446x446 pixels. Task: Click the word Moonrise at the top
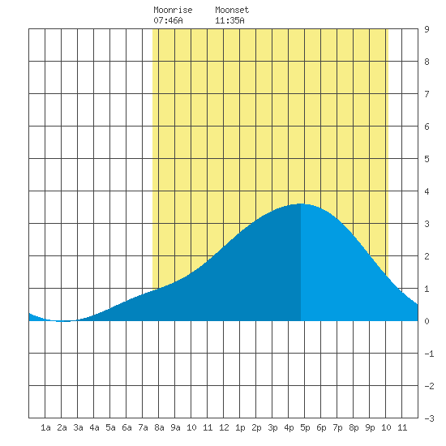click(173, 10)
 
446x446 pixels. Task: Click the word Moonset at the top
click(232, 10)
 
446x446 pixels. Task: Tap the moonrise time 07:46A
click(168, 20)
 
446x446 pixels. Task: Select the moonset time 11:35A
click(229, 20)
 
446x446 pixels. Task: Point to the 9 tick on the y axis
click(427, 29)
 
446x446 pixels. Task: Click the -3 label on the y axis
click(429, 418)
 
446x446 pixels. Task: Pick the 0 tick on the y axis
click(427, 321)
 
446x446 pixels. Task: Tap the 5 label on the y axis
click(427, 159)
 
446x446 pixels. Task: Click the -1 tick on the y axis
click(429, 354)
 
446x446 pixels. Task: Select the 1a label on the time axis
click(45, 427)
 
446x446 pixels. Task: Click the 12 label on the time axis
click(224, 427)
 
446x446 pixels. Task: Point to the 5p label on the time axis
click(305, 427)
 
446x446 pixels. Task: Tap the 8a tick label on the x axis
click(159, 427)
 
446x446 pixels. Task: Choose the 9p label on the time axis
click(370, 427)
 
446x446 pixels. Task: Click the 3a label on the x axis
click(78, 427)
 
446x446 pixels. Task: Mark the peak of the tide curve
click(300, 204)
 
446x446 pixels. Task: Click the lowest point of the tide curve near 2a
click(64, 321)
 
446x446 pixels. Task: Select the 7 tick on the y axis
click(427, 94)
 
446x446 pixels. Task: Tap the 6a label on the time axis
click(127, 427)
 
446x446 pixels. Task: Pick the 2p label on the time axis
click(256, 427)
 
